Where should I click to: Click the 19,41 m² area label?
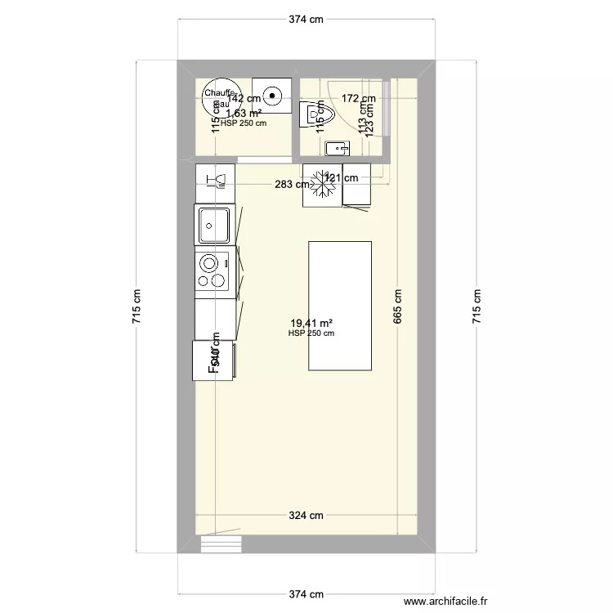tap(311, 323)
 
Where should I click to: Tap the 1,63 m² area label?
tap(244, 114)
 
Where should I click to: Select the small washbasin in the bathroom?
tap(338, 148)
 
